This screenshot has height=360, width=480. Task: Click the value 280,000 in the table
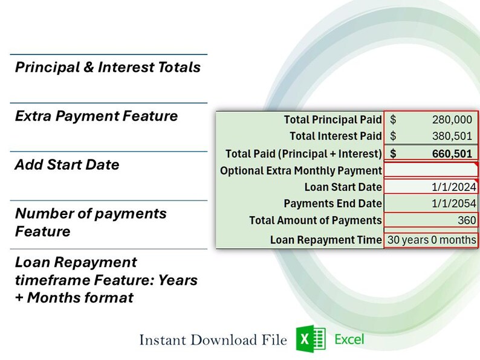point(452,120)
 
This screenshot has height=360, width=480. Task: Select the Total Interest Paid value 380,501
point(452,137)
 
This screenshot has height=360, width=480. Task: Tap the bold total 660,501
point(452,153)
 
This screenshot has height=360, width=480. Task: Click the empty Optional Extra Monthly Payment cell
point(430,171)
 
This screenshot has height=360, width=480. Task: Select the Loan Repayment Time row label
point(326,240)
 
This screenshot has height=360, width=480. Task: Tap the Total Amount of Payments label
point(315,220)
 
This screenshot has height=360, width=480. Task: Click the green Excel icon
point(311,339)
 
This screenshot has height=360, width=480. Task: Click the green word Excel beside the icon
point(349,339)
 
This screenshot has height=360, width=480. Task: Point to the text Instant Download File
point(213,340)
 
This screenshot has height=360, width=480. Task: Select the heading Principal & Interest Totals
point(108,68)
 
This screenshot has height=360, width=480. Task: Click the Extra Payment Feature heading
point(96,116)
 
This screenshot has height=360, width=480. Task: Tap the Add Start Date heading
point(67,165)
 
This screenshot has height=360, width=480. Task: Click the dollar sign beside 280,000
point(393,120)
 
